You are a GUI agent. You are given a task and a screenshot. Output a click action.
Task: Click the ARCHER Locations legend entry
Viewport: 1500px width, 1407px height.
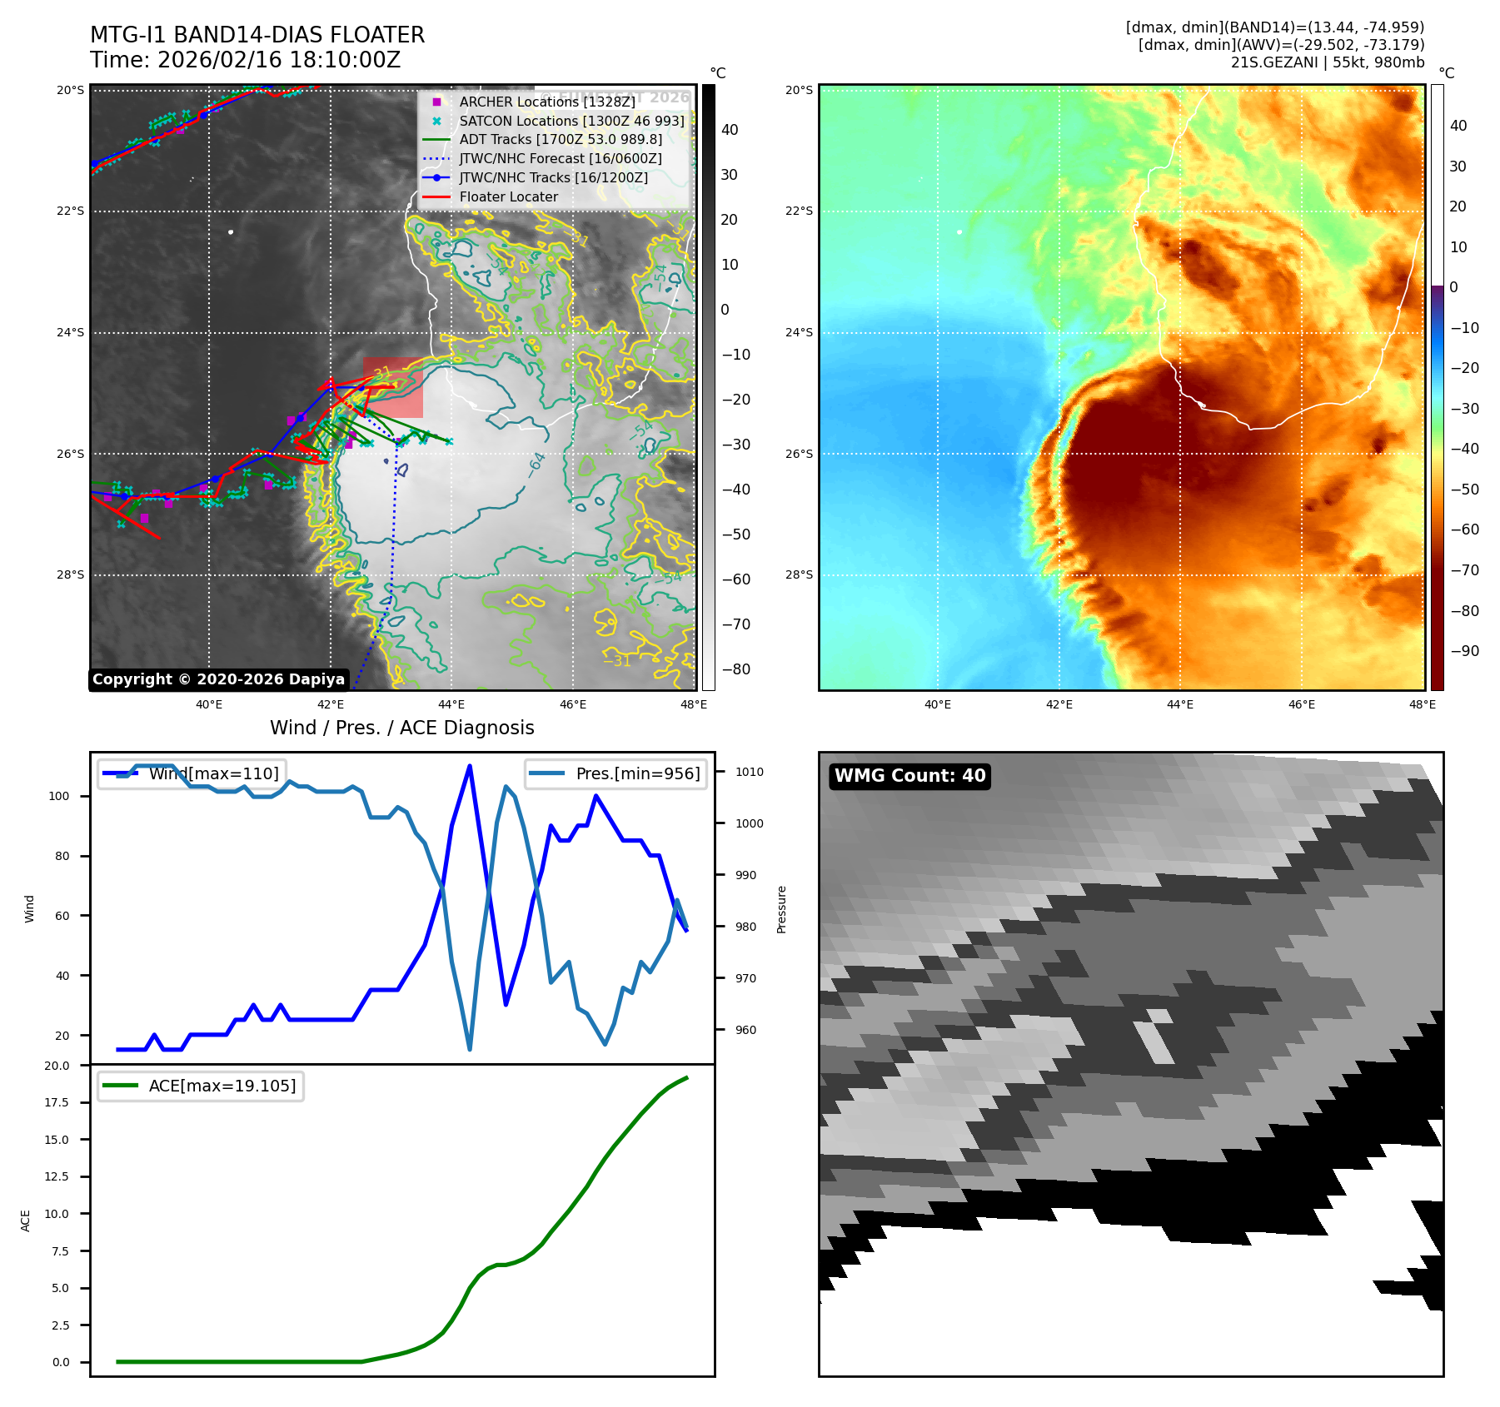546,102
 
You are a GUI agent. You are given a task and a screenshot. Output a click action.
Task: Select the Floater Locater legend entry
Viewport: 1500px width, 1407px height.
508,196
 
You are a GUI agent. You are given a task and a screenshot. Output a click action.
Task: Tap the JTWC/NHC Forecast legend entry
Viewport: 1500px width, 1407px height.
561,158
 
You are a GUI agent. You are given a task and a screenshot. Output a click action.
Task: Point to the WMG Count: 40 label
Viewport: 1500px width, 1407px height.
909,776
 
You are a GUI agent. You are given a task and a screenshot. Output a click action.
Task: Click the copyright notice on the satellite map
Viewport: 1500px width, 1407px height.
218,679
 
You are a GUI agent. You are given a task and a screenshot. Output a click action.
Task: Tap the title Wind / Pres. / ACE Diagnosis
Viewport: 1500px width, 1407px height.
401,728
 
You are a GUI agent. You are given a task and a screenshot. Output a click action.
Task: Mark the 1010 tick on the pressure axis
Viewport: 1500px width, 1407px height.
749,772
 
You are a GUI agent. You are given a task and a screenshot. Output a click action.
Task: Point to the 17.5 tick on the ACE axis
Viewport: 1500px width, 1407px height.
57,1102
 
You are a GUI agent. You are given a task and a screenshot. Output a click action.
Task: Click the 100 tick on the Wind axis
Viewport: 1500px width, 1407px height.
59,796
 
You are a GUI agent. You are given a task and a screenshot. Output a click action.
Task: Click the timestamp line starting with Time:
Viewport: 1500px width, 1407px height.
245,60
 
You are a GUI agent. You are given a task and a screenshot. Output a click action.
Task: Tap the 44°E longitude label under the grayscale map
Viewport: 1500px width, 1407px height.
451,704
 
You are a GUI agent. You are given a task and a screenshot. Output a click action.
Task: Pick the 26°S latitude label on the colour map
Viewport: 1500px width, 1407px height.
799,454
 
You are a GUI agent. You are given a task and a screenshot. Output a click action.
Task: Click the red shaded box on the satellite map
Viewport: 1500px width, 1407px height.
393,388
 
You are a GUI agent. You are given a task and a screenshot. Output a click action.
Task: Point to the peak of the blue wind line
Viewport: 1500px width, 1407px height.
470,766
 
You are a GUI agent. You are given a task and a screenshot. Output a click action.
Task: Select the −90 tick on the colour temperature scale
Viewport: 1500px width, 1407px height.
1464,651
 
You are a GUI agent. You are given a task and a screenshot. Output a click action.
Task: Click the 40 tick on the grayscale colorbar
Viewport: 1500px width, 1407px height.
730,130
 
